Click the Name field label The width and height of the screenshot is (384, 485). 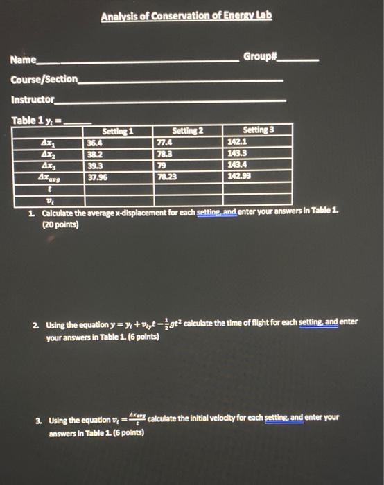click(24, 60)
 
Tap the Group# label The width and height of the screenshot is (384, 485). click(260, 55)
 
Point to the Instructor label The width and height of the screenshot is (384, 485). click(33, 99)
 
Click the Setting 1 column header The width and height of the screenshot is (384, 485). click(117, 130)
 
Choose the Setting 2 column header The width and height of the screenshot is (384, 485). click(186, 130)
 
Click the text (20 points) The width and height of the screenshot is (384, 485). click(60, 225)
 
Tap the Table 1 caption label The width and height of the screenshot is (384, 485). click(25, 121)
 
